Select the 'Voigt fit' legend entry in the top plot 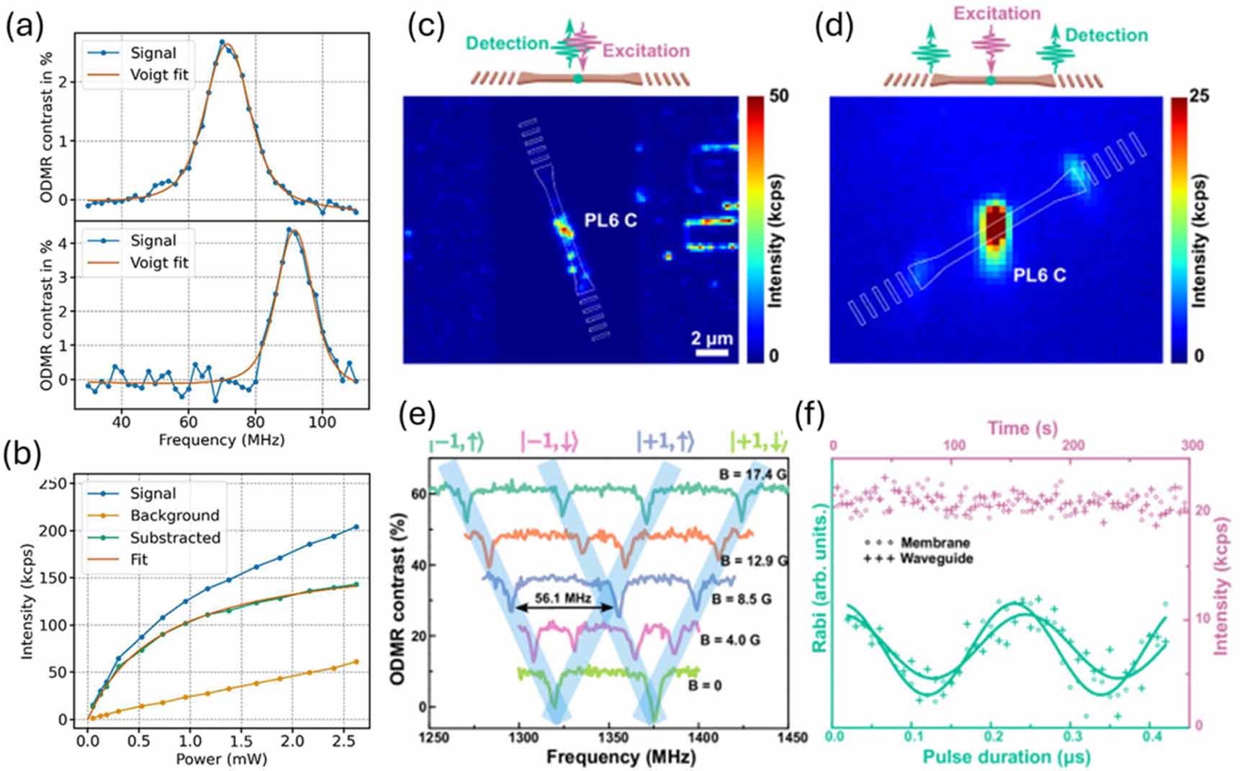click(158, 75)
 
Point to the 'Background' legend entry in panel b click(174, 515)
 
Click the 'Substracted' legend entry click(175, 538)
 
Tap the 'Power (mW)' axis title click(221, 759)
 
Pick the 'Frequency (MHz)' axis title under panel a click(221, 440)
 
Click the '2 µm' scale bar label click(711, 338)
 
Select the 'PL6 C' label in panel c click(610, 220)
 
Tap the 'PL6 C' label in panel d click(1039, 275)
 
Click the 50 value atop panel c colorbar click(778, 96)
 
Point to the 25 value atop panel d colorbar click(1199, 96)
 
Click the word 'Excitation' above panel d click(997, 13)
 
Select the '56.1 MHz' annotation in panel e click(563, 598)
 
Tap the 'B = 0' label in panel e click(704, 685)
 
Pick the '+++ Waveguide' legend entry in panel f click(918, 559)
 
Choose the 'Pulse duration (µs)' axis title click(1006, 757)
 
